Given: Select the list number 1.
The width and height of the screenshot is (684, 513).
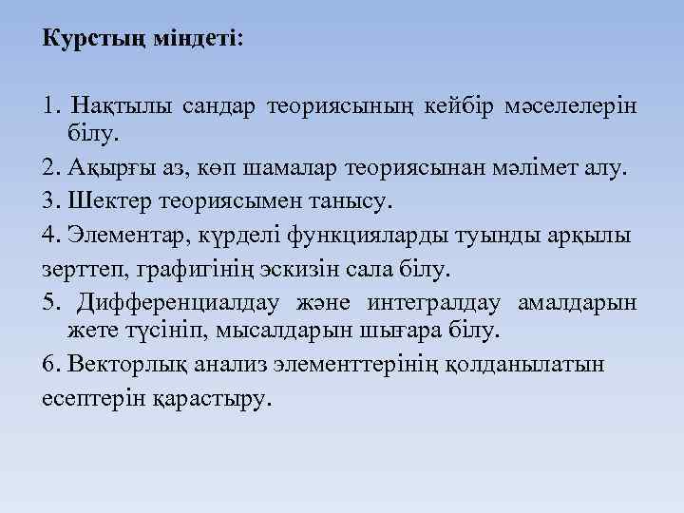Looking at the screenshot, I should [x=50, y=102].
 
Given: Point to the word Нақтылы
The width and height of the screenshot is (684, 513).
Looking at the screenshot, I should [x=120, y=102].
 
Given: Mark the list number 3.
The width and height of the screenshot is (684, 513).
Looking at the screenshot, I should [x=50, y=201].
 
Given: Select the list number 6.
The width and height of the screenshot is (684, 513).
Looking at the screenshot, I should [x=50, y=364].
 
